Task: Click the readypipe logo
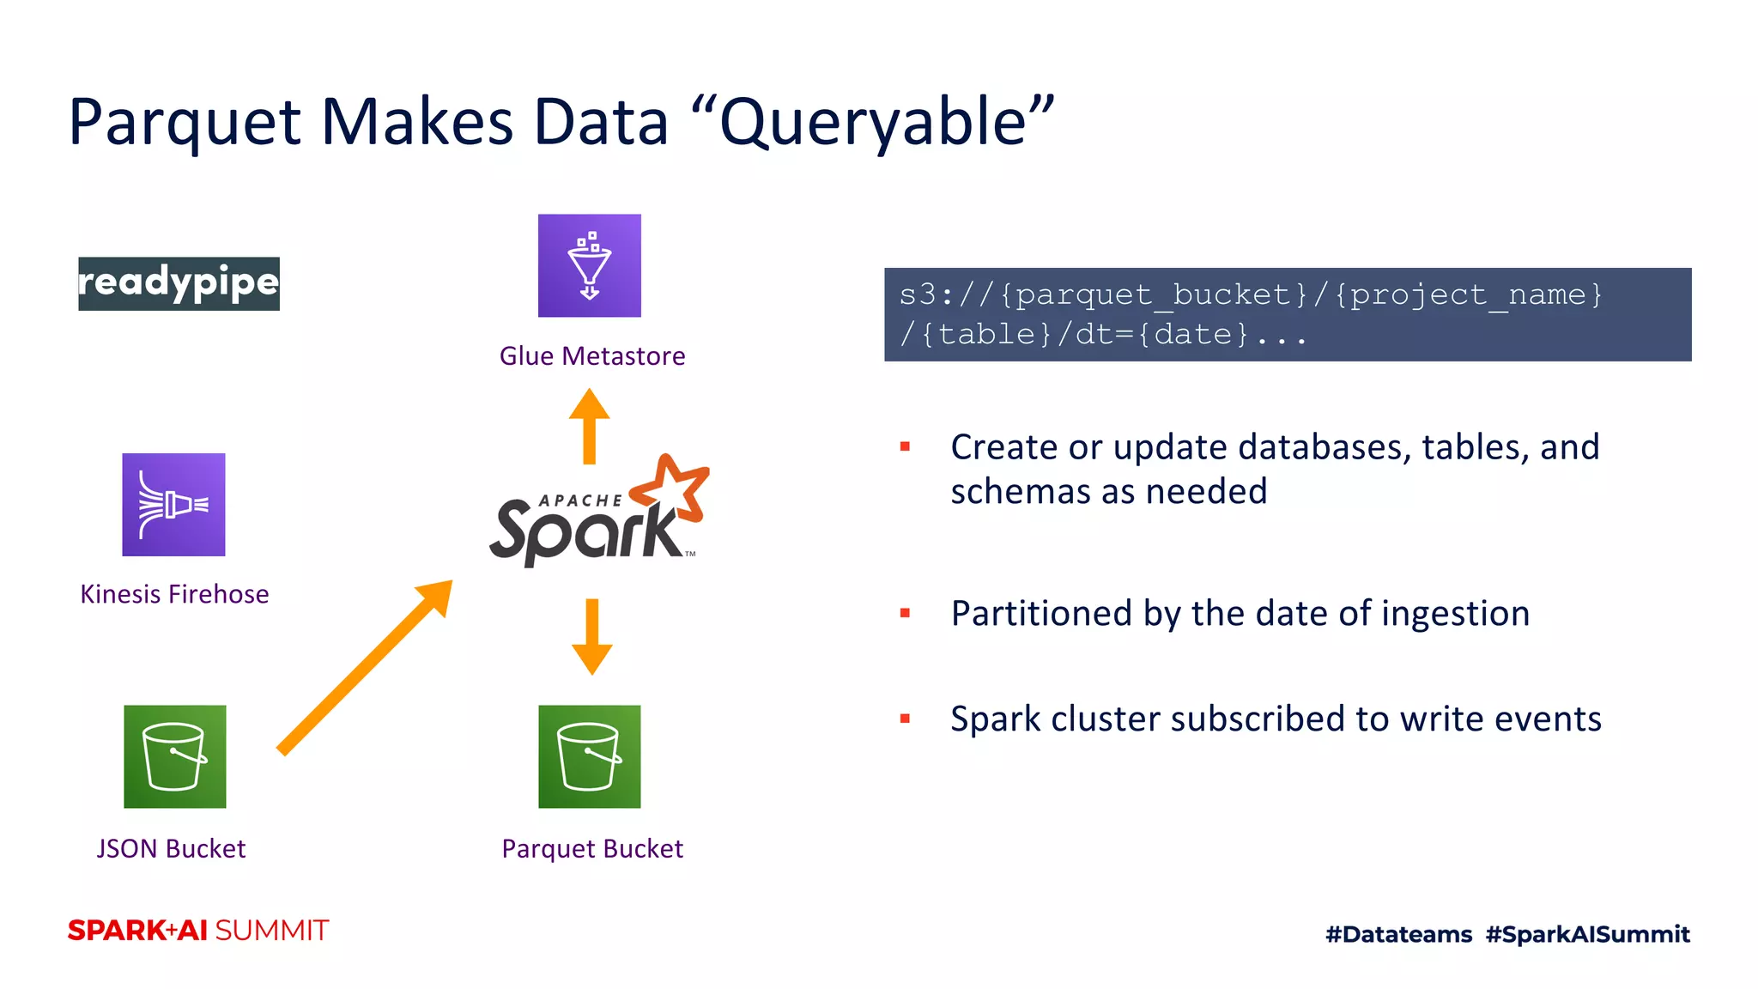pos(179,283)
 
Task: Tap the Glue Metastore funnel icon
pos(589,265)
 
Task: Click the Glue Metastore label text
pos(592,355)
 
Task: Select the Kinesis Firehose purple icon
pos(173,505)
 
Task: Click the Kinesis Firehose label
pos(174,594)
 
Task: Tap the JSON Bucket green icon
pos(175,756)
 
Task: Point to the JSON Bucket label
pos(171,848)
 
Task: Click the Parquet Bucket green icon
pos(589,756)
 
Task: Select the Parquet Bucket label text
pos(592,848)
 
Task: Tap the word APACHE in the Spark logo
pos(580,501)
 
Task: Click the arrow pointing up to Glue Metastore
pos(589,425)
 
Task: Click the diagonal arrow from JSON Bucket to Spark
pos(365,667)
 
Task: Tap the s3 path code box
pos(1287,314)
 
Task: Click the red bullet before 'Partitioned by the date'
pos(905,613)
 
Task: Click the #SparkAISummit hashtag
pos(1587,934)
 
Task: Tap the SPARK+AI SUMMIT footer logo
pos(198,931)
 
